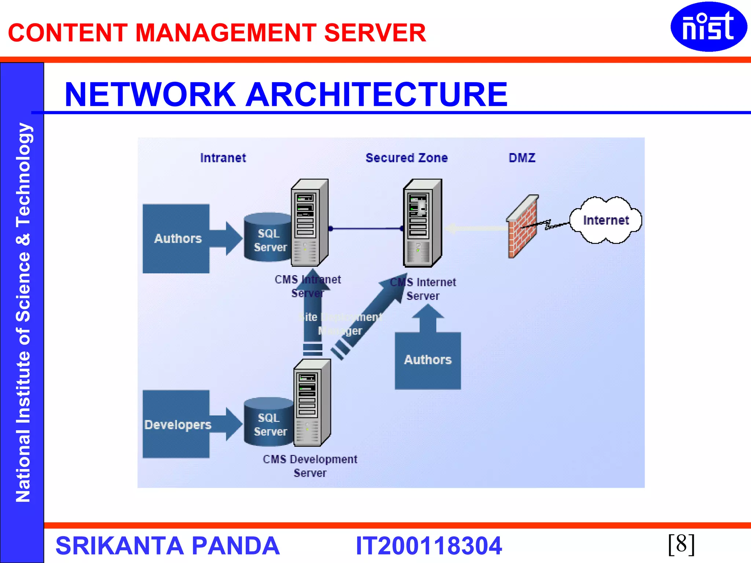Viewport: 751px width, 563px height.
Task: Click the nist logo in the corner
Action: pos(708,26)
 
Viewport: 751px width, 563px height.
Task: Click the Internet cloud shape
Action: pos(605,220)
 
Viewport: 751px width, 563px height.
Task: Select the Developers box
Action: pos(176,424)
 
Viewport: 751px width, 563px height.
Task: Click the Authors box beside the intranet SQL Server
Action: pos(176,239)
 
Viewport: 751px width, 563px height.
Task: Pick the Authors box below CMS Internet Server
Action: pos(428,360)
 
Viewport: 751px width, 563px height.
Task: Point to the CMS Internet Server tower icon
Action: pos(422,223)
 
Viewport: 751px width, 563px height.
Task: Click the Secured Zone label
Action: pos(406,158)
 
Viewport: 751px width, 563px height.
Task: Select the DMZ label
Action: pos(522,158)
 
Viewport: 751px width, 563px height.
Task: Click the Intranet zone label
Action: pos(223,158)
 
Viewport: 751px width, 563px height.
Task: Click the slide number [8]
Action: pos(681,544)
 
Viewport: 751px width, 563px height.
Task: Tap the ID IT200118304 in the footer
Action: pos(428,546)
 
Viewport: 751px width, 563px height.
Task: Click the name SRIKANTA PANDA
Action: pos(168,546)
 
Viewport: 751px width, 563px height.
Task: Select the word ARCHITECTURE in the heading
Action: pos(377,95)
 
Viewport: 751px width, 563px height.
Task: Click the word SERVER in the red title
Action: pos(375,33)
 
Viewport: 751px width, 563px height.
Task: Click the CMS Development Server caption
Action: pos(310,466)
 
